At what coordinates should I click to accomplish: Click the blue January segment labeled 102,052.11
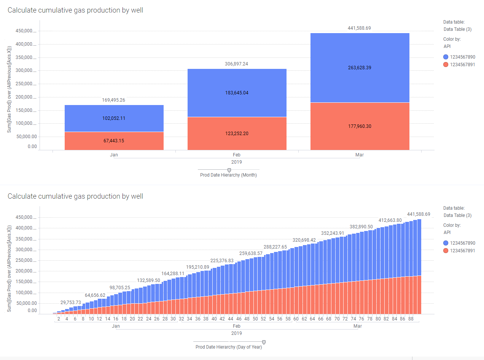[x=114, y=118]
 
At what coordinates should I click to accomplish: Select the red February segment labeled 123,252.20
[x=237, y=134]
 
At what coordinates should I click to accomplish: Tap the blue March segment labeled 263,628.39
[x=360, y=68]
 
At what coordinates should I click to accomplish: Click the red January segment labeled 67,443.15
[x=114, y=141]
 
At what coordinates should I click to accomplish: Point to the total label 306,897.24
[x=236, y=64]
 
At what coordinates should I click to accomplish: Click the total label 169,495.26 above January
[x=114, y=100]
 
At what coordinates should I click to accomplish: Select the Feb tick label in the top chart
[x=236, y=155]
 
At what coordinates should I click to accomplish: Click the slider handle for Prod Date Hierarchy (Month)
[x=229, y=170]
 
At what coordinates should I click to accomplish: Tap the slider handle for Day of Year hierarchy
[x=264, y=342]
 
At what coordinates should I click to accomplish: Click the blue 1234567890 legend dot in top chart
[x=446, y=57]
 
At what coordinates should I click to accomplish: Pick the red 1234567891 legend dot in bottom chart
[x=446, y=250]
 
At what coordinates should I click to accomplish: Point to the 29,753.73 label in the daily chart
[x=71, y=303]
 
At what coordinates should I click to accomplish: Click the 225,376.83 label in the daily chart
[x=222, y=261]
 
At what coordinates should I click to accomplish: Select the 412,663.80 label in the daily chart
[x=390, y=220]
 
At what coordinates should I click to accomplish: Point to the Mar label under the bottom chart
[x=358, y=326]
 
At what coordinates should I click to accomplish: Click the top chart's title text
[x=75, y=10]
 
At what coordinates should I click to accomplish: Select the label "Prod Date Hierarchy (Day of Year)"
[x=229, y=347]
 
